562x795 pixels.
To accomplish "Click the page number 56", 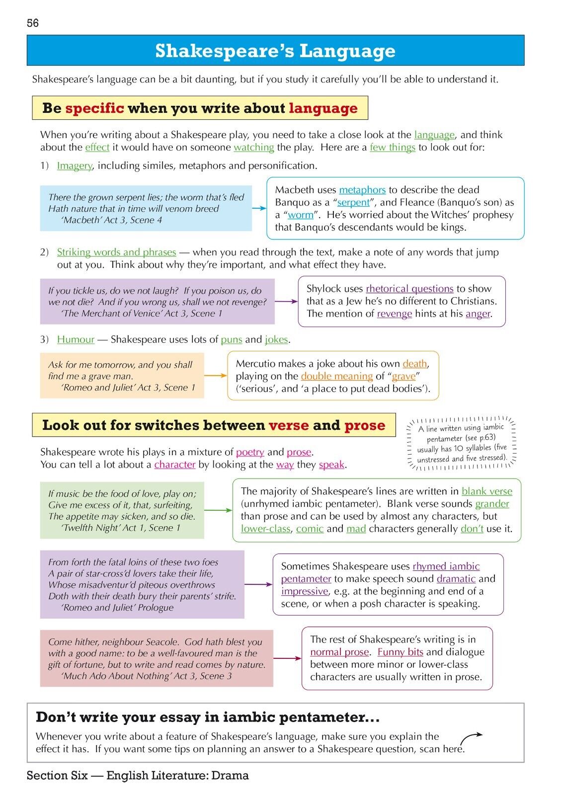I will [x=33, y=23].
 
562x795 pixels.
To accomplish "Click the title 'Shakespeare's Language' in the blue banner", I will [x=275, y=51].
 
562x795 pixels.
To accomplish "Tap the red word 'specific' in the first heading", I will [x=94, y=108].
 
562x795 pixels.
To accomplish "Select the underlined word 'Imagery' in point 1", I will [x=75, y=165].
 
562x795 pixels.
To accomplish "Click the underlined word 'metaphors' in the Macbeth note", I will [x=362, y=190].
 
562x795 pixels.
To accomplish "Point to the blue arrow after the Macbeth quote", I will [x=259, y=208].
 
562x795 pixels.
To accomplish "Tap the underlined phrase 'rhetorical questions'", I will [x=409, y=289].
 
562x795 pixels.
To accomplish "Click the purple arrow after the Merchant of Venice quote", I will [x=286, y=301].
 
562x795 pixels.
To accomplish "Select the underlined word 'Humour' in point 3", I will [x=76, y=339].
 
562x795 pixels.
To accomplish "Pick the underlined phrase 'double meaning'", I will [x=336, y=376].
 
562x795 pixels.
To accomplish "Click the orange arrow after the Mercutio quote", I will [x=215, y=376].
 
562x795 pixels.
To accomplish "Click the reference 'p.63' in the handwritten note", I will [x=486, y=437].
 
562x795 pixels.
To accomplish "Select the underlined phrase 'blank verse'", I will [x=486, y=491].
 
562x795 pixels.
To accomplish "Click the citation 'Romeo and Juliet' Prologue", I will [x=117, y=608].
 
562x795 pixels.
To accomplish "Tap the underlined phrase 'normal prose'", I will [x=339, y=652].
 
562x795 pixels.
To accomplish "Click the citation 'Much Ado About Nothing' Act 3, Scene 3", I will [x=147, y=676].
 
